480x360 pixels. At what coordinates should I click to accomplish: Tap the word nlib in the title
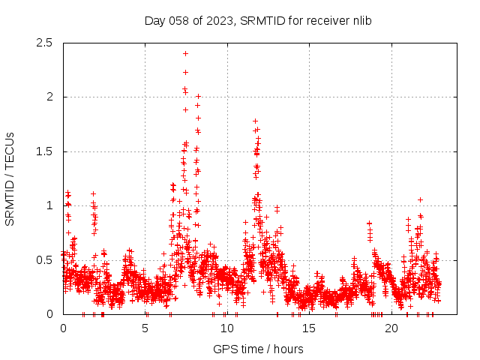coord(360,21)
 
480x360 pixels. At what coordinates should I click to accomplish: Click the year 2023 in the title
coord(219,21)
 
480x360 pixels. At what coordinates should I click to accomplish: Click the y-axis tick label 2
coord(50,97)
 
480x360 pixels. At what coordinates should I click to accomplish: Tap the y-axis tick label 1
coord(50,205)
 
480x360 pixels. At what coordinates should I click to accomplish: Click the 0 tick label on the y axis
coord(50,314)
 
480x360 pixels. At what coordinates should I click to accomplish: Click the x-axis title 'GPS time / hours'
coord(258,349)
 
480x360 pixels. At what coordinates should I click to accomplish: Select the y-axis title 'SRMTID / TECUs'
coord(10,179)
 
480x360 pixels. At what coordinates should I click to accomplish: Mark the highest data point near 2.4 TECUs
coord(185,53)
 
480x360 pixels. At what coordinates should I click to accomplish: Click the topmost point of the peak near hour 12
coord(255,121)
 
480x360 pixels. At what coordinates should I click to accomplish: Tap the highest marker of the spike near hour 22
coord(421,199)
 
